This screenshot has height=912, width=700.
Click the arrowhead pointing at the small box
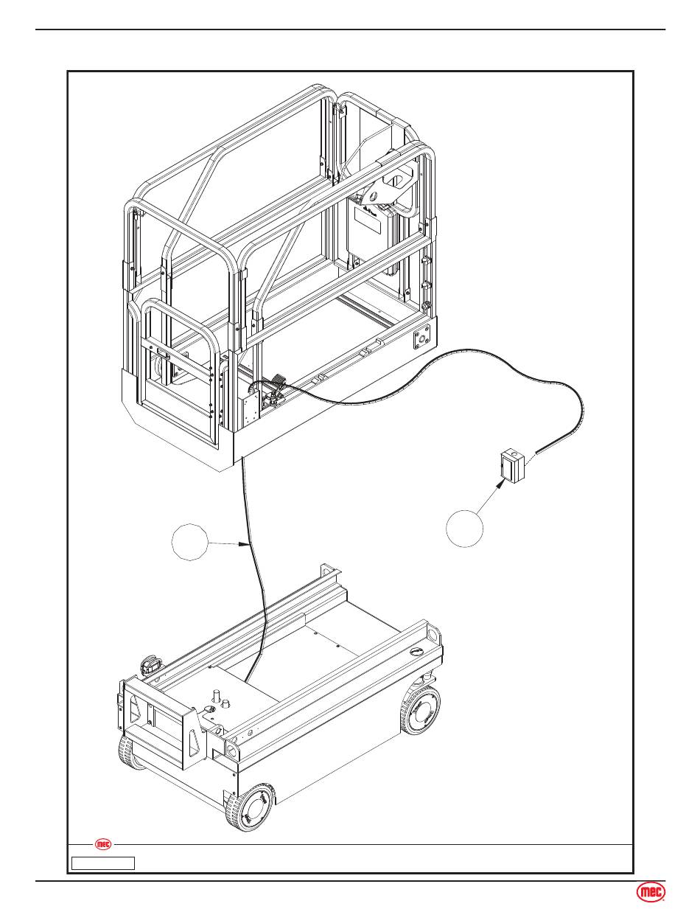point(501,484)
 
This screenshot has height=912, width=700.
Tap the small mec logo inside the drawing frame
point(104,845)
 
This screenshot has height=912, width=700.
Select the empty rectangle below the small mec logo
point(103,863)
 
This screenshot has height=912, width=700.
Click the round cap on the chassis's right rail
point(417,651)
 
